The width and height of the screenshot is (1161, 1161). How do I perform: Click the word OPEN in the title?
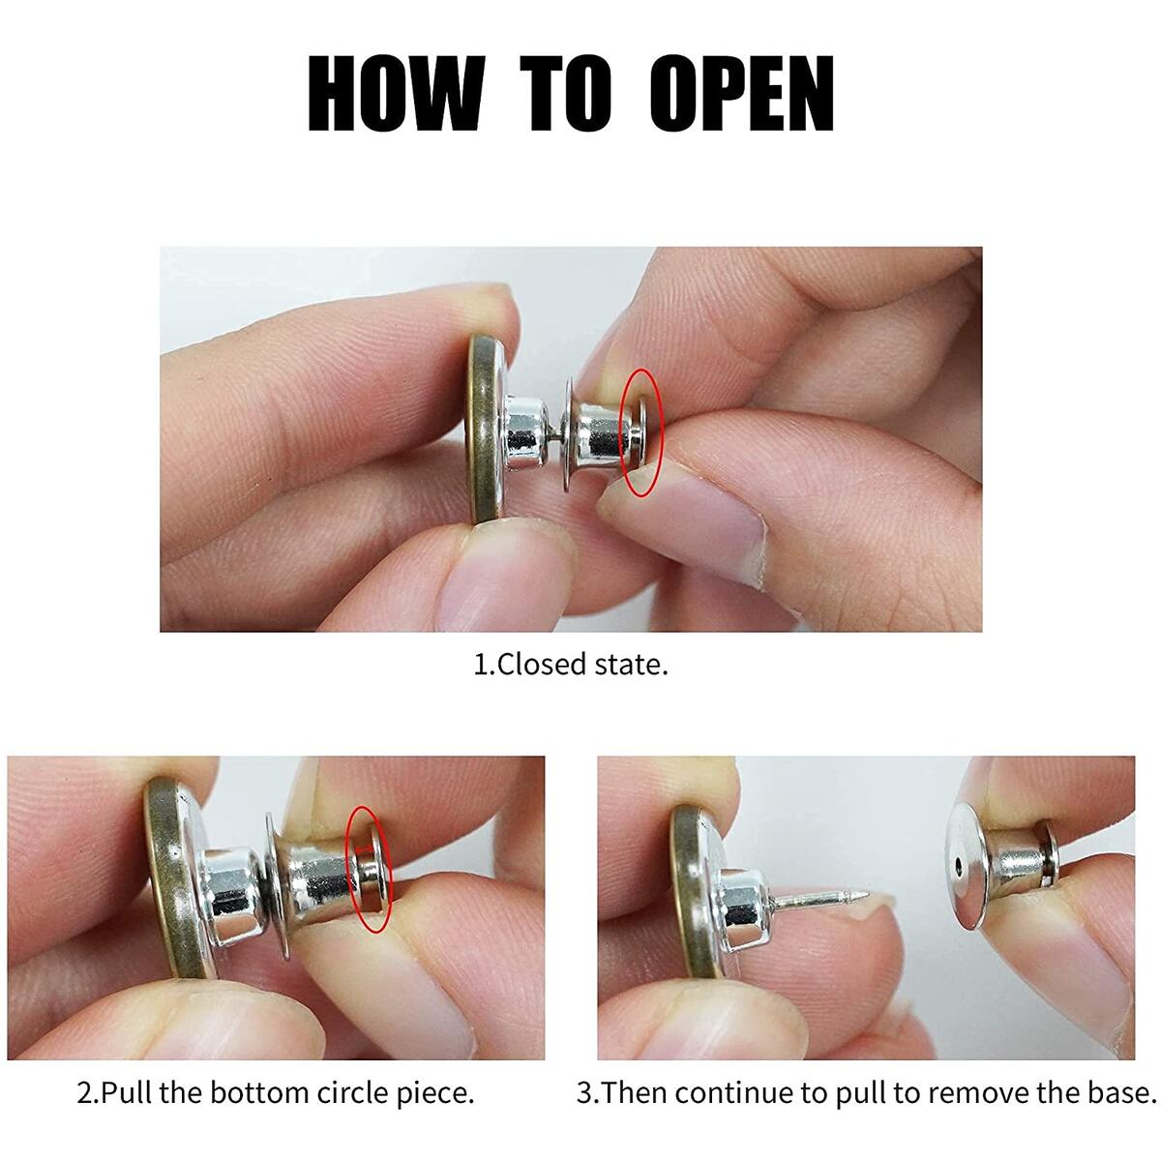coord(741,94)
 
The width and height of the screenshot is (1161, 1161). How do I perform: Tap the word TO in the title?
coord(567,94)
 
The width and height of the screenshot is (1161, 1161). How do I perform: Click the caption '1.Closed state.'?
coord(571,665)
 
